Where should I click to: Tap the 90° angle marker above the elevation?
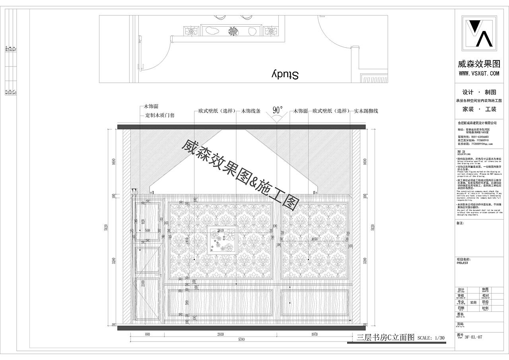click(278, 110)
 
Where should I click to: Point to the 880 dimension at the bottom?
click(148, 335)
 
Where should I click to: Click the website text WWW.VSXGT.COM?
click(479, 74)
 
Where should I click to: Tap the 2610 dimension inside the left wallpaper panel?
click(220, 230)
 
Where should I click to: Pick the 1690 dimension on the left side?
click(113, 162)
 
